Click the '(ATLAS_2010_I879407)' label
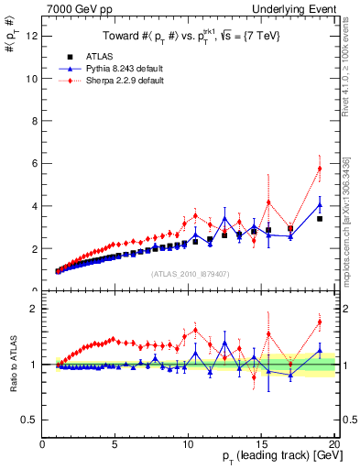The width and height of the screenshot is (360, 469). click(189, 273)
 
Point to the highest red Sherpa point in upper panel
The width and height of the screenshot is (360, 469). click(320, 168)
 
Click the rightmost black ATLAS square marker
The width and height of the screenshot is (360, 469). click(320, 219)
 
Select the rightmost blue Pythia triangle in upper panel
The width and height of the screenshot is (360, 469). click(320, 204)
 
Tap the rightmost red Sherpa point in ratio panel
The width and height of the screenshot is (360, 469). click(320, 322)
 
